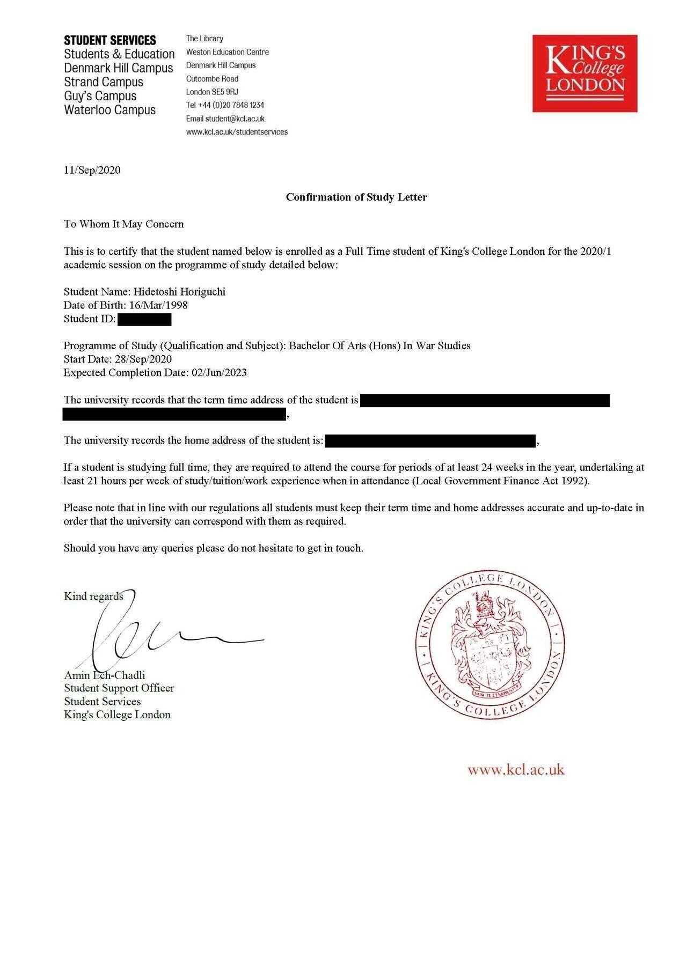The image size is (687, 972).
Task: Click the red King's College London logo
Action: (584, 73)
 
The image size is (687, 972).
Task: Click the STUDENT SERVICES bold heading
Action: (109, 40)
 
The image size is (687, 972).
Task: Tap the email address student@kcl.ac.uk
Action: (235, 119)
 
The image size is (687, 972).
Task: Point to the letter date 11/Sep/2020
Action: (92, 170)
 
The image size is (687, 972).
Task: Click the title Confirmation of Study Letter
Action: (356, 197)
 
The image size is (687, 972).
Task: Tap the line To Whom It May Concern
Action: (123, 224)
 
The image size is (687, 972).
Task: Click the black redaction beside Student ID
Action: (144, 320)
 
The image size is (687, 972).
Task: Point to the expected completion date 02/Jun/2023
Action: (219, 372)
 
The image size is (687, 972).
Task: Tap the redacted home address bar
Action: (430, 441)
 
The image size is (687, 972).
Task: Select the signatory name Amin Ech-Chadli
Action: (104, 675)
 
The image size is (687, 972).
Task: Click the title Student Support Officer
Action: (119, 688)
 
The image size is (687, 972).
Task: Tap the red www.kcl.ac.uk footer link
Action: (516, 770)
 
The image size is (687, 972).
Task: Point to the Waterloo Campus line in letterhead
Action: (109, 110)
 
